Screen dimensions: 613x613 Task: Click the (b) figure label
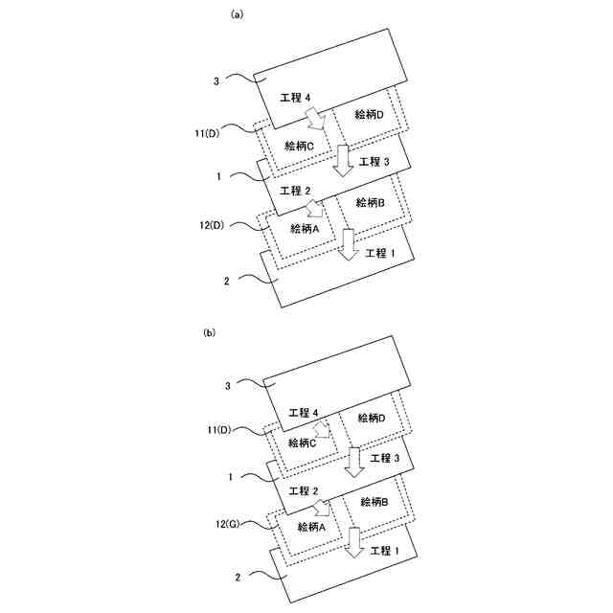(211, 333)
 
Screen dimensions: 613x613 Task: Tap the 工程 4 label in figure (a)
(295, 99)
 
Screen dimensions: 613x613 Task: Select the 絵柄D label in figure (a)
(369, 115)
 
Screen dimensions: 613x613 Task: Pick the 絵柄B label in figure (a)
(369, 202)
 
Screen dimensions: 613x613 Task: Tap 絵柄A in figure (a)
(303, 228)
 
